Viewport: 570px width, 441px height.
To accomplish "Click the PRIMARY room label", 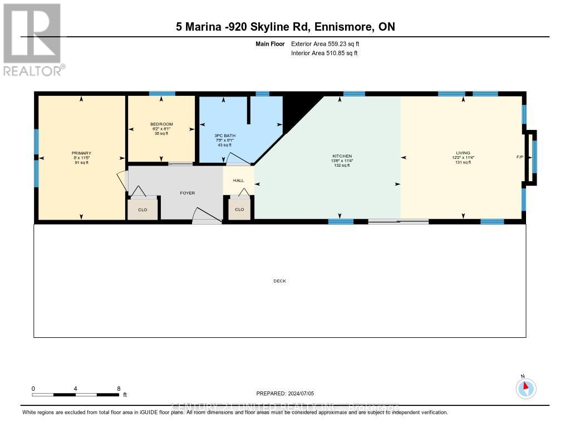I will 81,153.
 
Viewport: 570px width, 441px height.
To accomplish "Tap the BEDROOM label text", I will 161,124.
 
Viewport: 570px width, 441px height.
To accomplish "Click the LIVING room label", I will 463,153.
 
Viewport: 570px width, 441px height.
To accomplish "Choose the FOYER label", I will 186,193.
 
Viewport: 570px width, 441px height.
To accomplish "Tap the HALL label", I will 238,181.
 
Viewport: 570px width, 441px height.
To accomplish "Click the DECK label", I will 279,281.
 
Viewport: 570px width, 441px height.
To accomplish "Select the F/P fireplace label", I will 519,157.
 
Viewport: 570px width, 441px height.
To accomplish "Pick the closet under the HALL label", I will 239,209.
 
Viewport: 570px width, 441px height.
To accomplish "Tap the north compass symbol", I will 525,388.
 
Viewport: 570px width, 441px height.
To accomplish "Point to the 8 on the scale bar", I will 119,389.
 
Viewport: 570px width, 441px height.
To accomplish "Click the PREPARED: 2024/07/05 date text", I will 285,393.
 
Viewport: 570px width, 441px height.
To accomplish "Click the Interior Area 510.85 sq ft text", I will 325,53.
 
